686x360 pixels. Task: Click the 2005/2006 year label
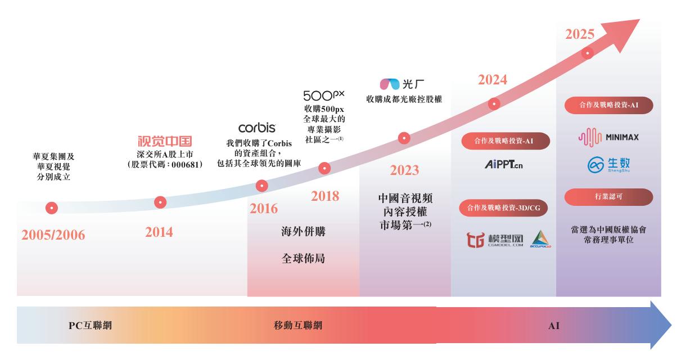53,235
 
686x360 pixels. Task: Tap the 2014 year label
159,232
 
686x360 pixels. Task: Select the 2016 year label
264,209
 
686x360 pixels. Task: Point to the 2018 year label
325,196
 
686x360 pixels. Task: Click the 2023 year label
404,170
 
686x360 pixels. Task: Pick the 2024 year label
493,80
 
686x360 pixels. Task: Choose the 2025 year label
580,34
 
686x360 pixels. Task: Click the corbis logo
257,128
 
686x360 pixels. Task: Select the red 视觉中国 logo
165,141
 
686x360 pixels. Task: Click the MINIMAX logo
608,137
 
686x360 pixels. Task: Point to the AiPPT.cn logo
504,164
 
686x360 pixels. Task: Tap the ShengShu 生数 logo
608,165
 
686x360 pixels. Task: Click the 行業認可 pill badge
608,197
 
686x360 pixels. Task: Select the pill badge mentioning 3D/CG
503,208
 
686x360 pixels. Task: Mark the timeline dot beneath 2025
588,53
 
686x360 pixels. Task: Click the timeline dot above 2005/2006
52,208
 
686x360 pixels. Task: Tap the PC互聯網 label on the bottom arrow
90,325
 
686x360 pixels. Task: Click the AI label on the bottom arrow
554,326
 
